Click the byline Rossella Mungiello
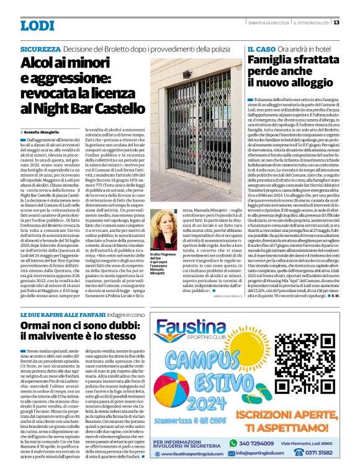tap(45, 132)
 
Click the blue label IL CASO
tap(262, 48)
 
